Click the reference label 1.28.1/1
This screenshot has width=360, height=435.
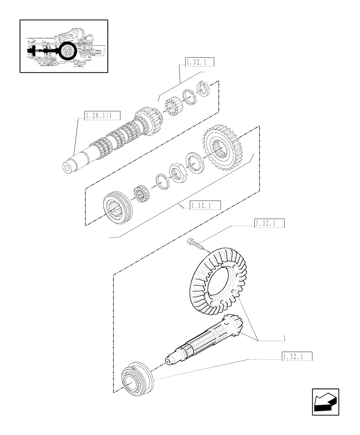click(x=98, y=116)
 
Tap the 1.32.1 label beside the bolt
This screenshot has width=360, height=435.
click(x=270, y=224)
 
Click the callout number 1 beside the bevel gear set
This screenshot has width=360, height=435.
click(x=283, y=338)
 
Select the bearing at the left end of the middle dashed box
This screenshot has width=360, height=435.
click(x=115, y=207)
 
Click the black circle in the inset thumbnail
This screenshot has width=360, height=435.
click(x=67, y=51)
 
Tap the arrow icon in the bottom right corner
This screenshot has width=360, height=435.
click(x=325, y=402)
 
